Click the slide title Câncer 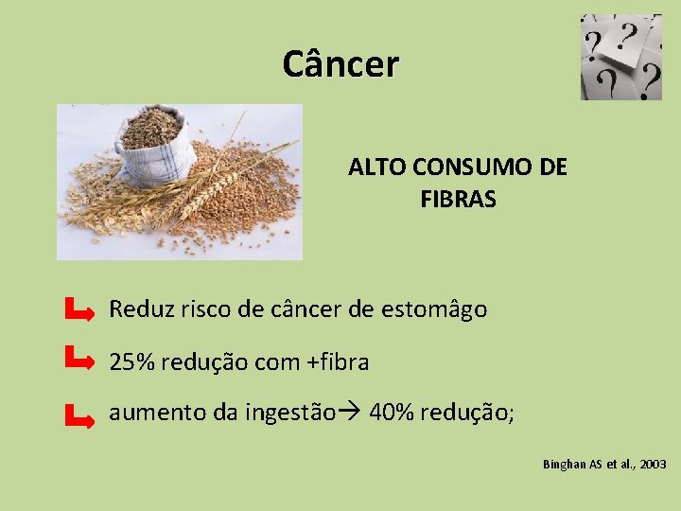[x=340, y=64]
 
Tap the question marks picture [x=620, y=57]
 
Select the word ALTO [x=373, y=167]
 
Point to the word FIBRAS [x=458, y=200]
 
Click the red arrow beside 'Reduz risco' [x=79, y=308]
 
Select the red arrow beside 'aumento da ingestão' [x=79, y=414]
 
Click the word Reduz [x=136, y=308]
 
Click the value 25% [x=130, y=361]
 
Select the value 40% [x=390, y=414]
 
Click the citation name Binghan [x=565, y=465]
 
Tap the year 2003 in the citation [x=652, y=465]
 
